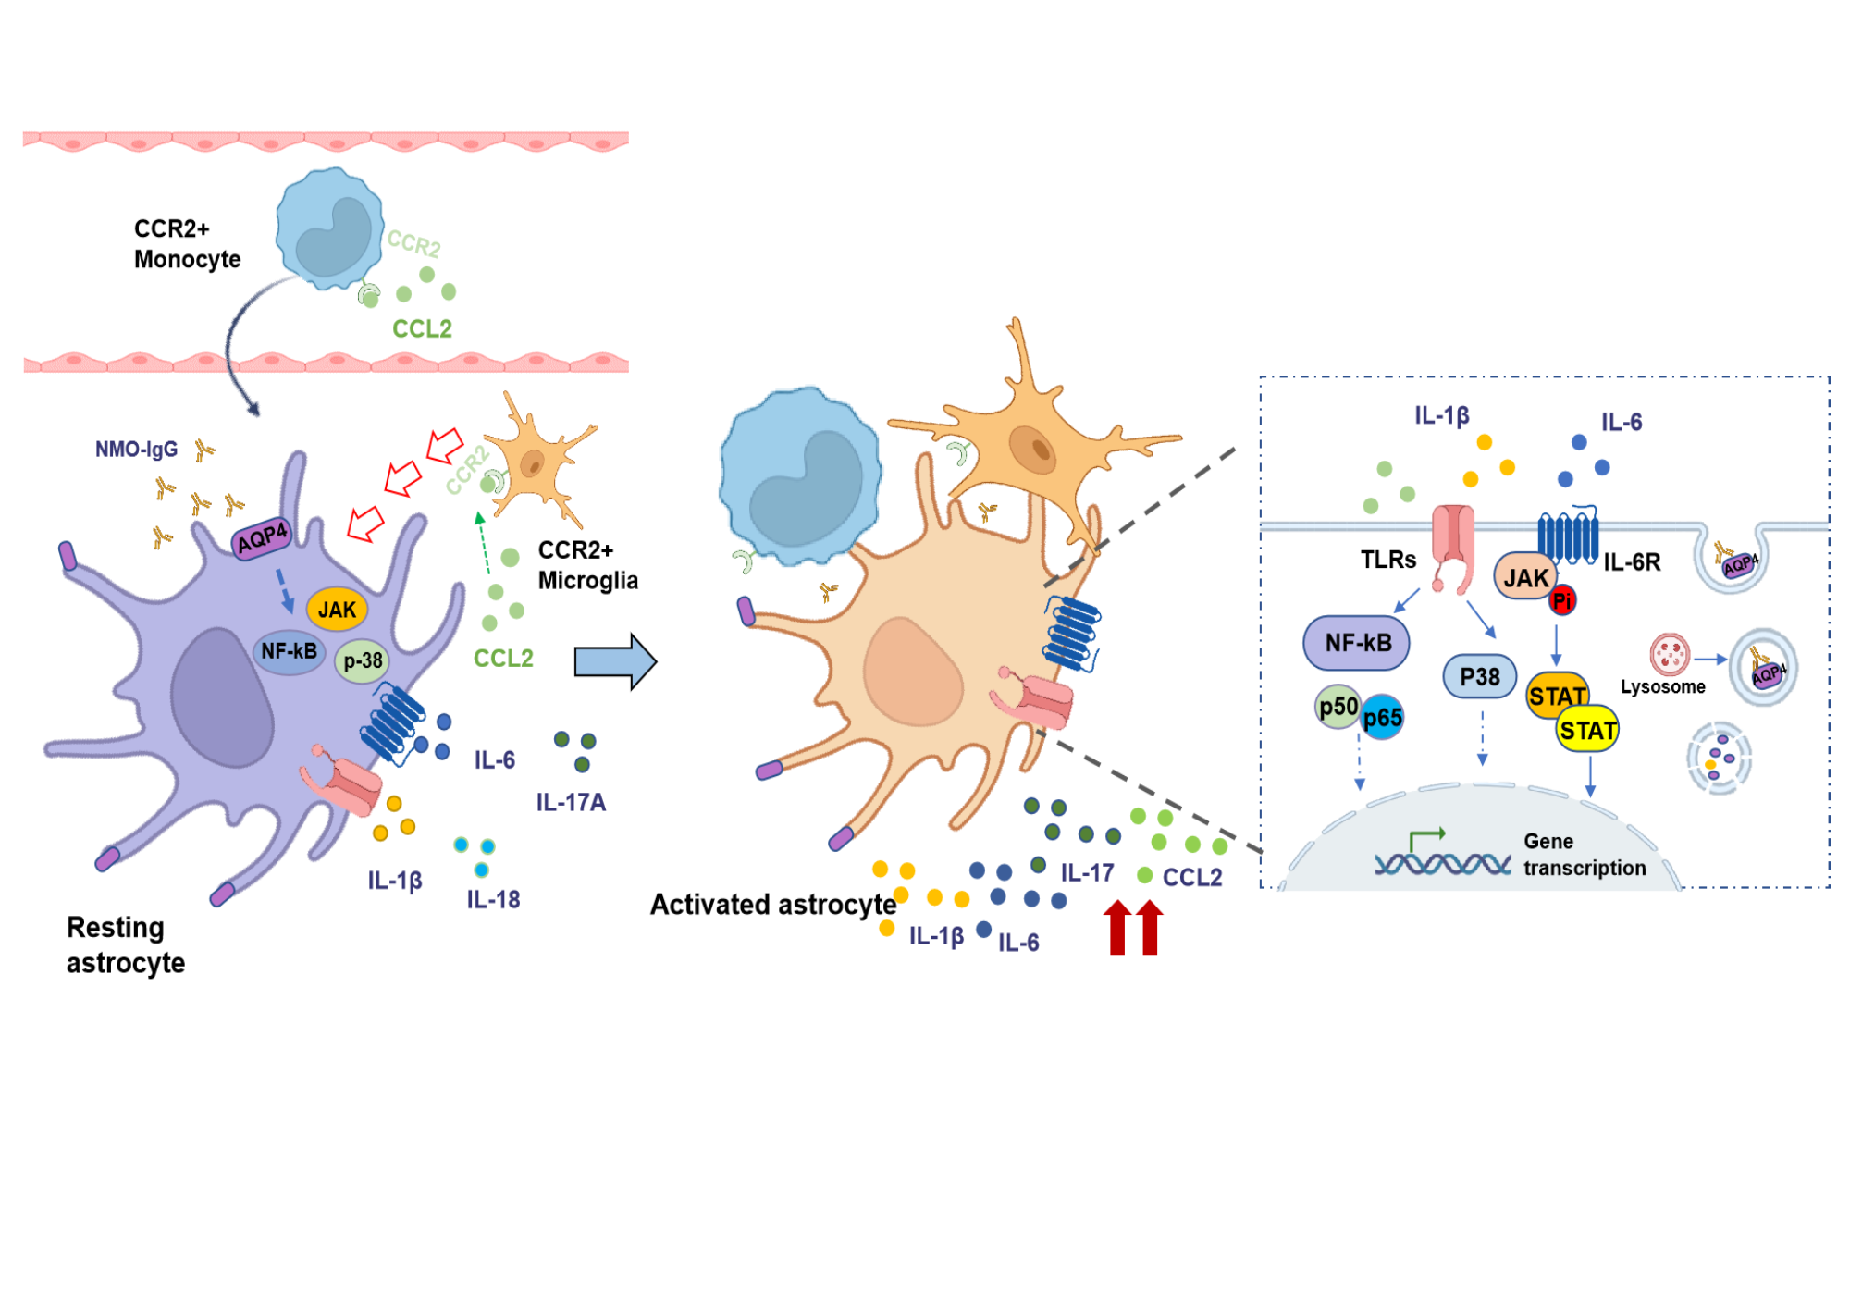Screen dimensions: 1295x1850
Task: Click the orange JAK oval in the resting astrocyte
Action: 337,610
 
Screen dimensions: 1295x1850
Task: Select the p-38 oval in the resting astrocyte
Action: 363,660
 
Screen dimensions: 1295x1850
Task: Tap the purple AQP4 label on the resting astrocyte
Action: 262,537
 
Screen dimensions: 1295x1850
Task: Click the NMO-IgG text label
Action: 136,450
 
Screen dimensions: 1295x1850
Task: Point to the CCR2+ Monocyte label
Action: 187,243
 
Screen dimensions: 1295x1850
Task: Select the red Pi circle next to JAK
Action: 1562,600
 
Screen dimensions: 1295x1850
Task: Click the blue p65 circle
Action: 1383,718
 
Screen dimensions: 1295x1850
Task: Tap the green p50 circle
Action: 1338,708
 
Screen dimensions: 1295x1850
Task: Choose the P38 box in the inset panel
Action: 1480,677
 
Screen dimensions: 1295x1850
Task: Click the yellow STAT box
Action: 1588,731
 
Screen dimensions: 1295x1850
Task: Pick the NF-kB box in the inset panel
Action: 1357,643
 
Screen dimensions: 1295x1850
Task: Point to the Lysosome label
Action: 1662,686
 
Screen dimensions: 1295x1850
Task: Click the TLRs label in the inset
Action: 1387,560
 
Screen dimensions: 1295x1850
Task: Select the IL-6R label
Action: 1632,562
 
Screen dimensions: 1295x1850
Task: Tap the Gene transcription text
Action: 1585,854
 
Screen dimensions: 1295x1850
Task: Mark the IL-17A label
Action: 571,802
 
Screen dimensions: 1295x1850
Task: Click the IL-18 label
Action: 493,899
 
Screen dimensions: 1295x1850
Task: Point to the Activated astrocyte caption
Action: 773,904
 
